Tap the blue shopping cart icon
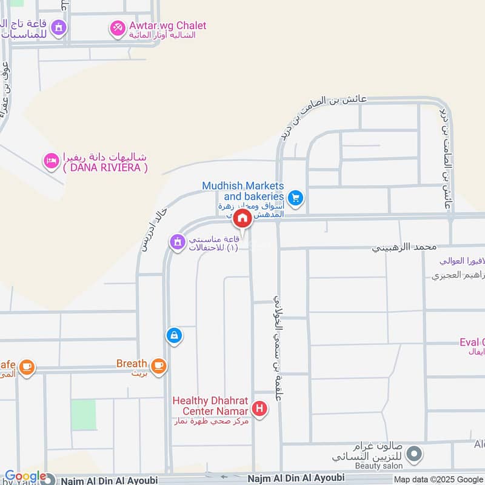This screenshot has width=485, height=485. pos(296,197)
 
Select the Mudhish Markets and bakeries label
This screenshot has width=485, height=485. pos(243,192)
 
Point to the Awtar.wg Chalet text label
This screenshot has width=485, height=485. pos(167,26)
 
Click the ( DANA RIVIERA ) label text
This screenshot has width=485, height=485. pos(105,169)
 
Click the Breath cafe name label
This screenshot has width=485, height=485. pos(132,364)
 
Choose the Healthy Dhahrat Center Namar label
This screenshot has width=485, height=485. pos(212,406)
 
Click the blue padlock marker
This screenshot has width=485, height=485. pos(174,335)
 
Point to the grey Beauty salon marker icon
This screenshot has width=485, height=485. pos(415,453)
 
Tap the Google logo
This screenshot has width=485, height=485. pos(25,477)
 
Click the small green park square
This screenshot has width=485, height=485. pos(83,415)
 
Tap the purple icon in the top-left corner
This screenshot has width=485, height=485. pos(58,27)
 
